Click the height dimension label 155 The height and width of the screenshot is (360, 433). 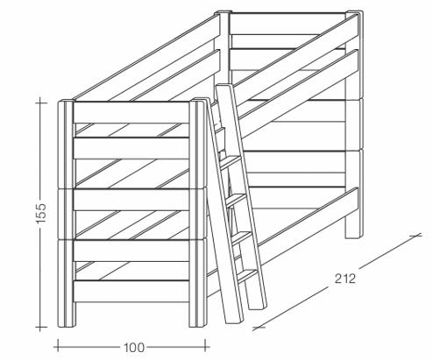(x=41, y=213)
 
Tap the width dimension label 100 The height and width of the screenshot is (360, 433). (x=134, y=348)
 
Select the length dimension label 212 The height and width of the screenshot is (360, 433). (x=345, y=279)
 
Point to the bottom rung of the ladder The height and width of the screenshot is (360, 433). (x=247, y=276)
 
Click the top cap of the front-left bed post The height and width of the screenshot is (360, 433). (x=67, y=102)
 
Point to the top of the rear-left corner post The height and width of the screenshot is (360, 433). (x=224, y=12)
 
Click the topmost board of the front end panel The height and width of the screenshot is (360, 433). (x=131, y=113)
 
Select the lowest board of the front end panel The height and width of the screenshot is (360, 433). (x=131, y=292)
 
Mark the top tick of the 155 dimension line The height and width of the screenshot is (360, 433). (x=41, y=102)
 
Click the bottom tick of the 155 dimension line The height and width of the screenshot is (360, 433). (x=41, y=327)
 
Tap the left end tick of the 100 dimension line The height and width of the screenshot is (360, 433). (x=58, y=345)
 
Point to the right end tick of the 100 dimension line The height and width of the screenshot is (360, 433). (x=206, y=345)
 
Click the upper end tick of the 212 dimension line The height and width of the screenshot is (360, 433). (x=415, y=235)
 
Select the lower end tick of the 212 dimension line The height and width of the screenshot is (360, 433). (x=259, y=328)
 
